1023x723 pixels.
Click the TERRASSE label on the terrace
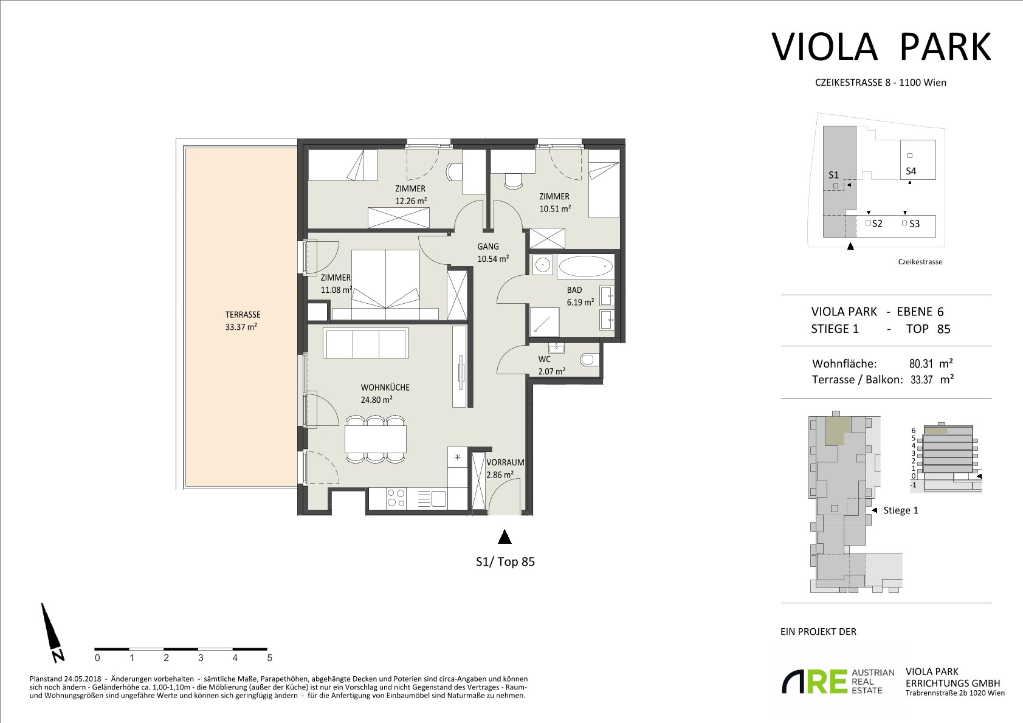point(243,315)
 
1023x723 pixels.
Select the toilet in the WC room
point(588,359)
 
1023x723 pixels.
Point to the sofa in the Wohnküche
point(366,343)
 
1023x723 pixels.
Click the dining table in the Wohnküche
point(376,439)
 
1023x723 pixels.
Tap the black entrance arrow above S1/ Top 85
point(504,536)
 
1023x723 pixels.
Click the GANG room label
point(488,247)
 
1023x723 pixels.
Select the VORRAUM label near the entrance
point(505,462)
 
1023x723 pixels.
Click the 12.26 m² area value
point(411,200)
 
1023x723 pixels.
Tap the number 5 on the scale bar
point(270,658)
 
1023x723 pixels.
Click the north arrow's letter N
point(58,656)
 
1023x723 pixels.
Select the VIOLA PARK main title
point(881,47)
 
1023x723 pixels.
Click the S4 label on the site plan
point(911,171)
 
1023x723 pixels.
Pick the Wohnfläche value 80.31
point(921,364)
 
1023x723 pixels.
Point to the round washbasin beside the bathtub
point(543,264)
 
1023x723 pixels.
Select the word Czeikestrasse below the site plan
point(920,262)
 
